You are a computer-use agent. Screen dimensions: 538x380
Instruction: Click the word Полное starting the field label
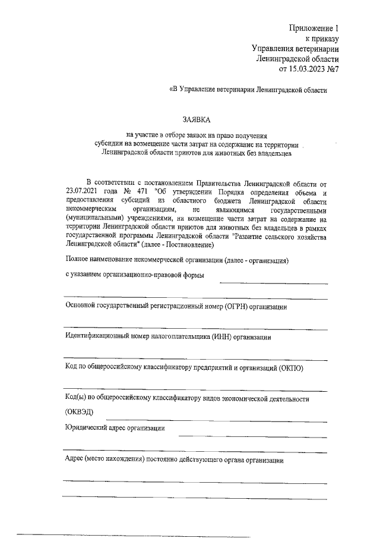pyautogui.click(x=77, y=260)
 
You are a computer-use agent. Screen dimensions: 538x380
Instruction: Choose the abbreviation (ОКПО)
pyautogui.click(x=292, y=367)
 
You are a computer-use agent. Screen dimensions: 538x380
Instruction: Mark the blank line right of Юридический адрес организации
pyautogui.click(x=253, y=435)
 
